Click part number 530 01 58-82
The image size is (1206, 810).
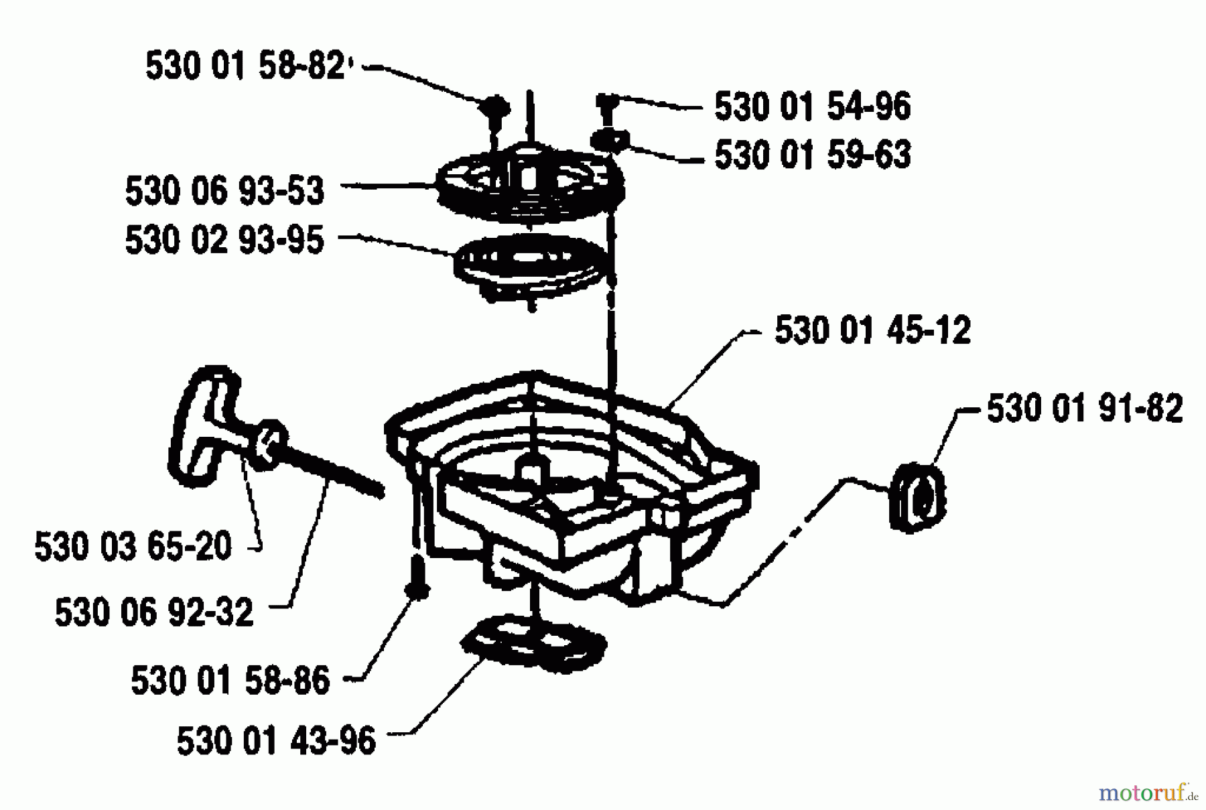pyautogui.click(x=245, y=67)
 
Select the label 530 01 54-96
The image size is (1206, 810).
pyautogui.click(x=813, y=107)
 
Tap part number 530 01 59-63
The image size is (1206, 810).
pyautogui.click(x=813, y=155)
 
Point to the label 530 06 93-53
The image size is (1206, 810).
pyautogui.click(x=224, y=191)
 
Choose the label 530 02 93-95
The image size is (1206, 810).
pyautogui.click(x=224, y=240)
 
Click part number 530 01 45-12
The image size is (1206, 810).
pyautogui.click(x=872, y=330)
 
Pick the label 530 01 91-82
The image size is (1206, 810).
pyautogui.click(x=1085, y=409)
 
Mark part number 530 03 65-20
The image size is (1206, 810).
pyautogui.click(x=133, y=547)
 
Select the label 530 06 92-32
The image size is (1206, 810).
pyautogui.click(x=154, y=613)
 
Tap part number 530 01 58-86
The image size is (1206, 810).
pyautogui.click(x=230, y=681)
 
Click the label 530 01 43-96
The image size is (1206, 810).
pyautogui.click(x=276, y=742)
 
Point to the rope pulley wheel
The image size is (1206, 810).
pyautogui.click(x=529, y=181)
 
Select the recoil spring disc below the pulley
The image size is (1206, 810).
pyautogui.click(x=529, y=265)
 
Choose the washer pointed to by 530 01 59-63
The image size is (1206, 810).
pyautogui.click(x=608, y=141)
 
